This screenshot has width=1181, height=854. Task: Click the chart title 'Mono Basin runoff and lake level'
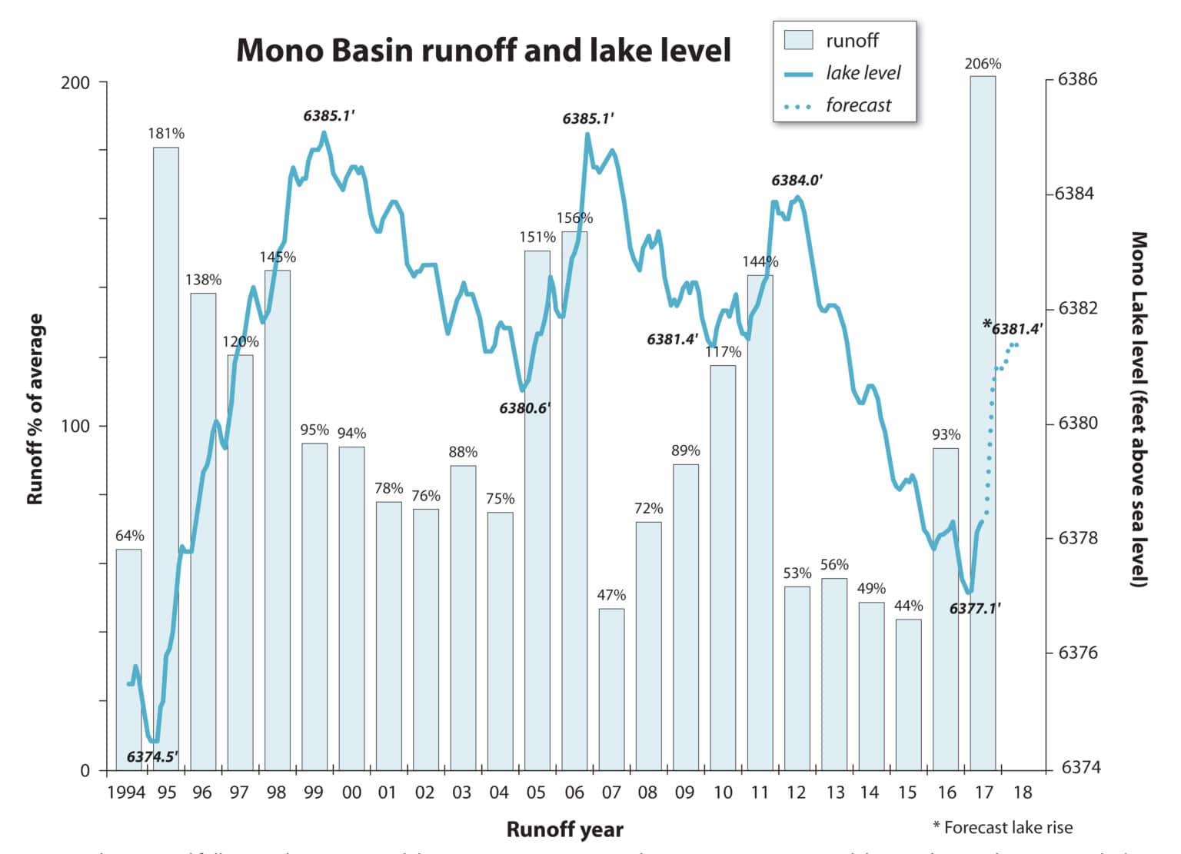[x=484, y=50]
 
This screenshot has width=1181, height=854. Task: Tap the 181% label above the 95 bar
[x=166, y=134]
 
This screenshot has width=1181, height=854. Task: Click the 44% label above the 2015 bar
[x=908, y=606]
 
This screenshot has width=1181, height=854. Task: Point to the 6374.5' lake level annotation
[x=152, y=756]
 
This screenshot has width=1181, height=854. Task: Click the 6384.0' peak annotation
[x=797, y=181]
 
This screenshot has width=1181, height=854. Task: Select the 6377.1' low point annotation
[x=974, y=609]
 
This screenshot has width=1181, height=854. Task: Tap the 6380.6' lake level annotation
[x=524, y=408]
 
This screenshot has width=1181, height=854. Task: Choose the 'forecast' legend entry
[x=858, y=105]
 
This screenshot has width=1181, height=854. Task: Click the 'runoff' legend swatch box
[x=798, y=40]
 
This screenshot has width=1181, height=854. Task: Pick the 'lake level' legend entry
[x=863, y=73]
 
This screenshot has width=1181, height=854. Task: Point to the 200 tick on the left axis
[x=75, y=82]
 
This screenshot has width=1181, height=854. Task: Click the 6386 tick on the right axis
[x=1078, y=79]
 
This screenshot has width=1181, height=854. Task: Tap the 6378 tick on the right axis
[x=1078, y=538]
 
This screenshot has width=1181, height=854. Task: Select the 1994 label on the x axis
[x=126, y=793]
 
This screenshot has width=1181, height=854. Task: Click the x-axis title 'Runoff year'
[x=564, y=829]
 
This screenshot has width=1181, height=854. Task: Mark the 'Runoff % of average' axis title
[x=35, y=409]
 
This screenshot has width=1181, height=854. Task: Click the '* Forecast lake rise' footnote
[x=1002, y=827]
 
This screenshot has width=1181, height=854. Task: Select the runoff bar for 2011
[x=760, y=523]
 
